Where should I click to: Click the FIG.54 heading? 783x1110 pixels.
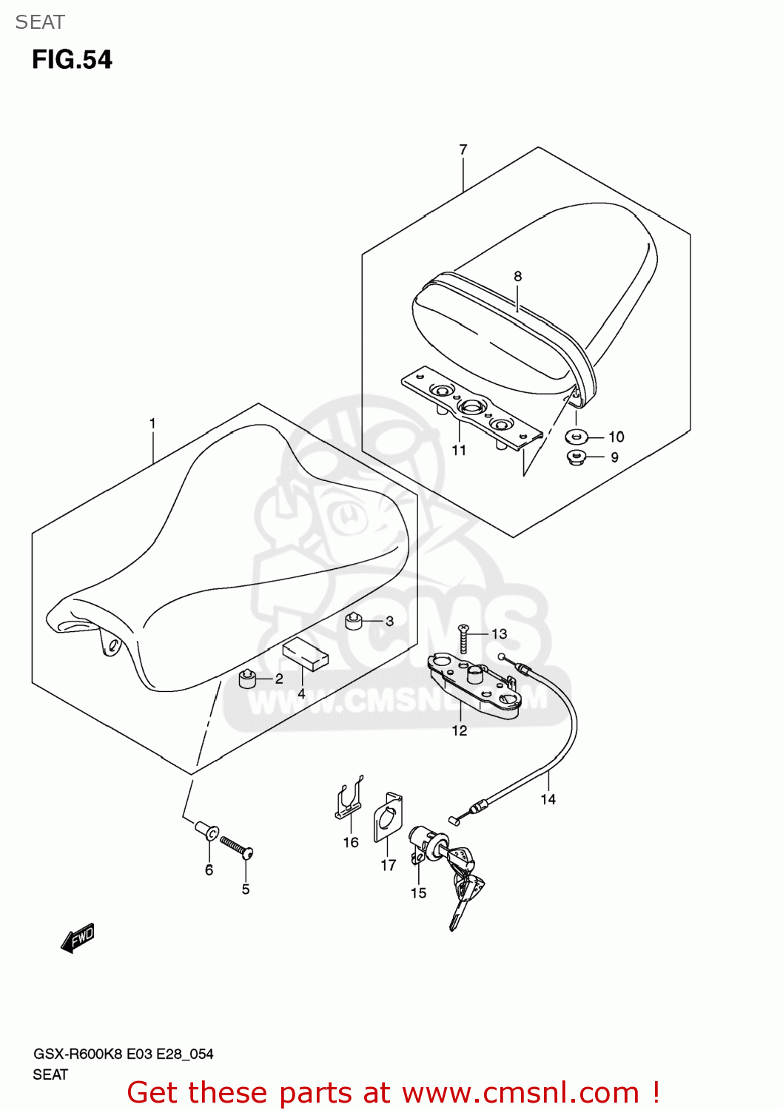(72, 60)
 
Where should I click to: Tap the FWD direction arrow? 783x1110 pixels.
(78, 938)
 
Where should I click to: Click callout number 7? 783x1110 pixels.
(463, 149)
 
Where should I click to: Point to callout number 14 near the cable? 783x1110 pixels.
(548, 799)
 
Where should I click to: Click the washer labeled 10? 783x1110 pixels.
(577, 437)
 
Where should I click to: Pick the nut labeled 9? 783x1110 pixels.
(577, 457)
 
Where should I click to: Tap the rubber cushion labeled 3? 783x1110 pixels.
(354, 622)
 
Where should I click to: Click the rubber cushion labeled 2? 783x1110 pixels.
(246, 678)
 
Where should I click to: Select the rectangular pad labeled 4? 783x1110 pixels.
(305, 654)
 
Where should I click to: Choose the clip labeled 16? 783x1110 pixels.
(348, 799)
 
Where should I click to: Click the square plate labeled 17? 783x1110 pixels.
(387, 818)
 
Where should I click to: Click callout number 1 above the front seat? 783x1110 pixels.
(152, 424)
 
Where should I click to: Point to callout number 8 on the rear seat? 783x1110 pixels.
(517, 277)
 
